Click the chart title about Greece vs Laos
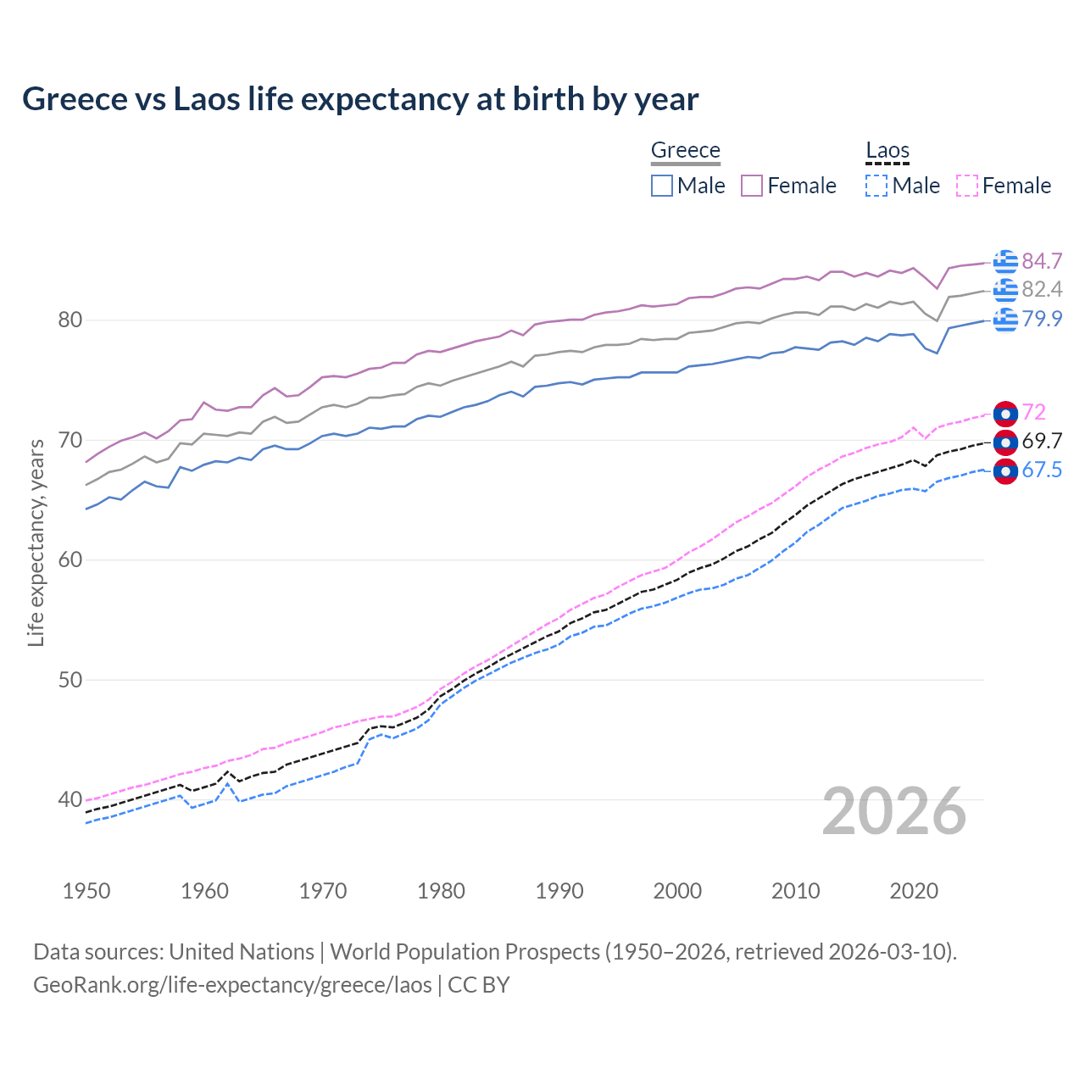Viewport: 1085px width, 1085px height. (360, 99)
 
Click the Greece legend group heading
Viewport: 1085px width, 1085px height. (685, 151)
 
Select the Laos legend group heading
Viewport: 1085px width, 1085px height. (887, 151)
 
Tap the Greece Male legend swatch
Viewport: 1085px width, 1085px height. (662, 186)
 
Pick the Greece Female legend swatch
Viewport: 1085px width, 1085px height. (752, 186)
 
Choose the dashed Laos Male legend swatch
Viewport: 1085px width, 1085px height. (876, 186)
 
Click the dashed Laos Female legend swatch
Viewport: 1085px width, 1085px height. (967, 186)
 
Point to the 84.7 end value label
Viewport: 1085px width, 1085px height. (1042, 261)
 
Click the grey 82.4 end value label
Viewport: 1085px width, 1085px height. (1042, 290)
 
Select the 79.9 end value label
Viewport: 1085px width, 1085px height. (1042, 319)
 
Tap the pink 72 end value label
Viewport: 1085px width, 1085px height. (1034, 412)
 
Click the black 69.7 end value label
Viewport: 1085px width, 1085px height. (1042, 442)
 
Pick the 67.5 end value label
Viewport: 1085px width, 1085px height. (1042, 470)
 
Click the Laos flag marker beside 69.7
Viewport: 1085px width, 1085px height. (1005, 442)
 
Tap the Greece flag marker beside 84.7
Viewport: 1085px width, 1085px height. (1005, 262)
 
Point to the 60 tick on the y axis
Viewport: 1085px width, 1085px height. (70, 559)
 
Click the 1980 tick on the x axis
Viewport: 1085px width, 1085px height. (441, 891)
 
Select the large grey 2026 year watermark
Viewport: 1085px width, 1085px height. (894, 812)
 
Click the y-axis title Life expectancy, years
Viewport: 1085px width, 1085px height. (36, 542)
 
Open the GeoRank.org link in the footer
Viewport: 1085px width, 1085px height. (232, 985)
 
